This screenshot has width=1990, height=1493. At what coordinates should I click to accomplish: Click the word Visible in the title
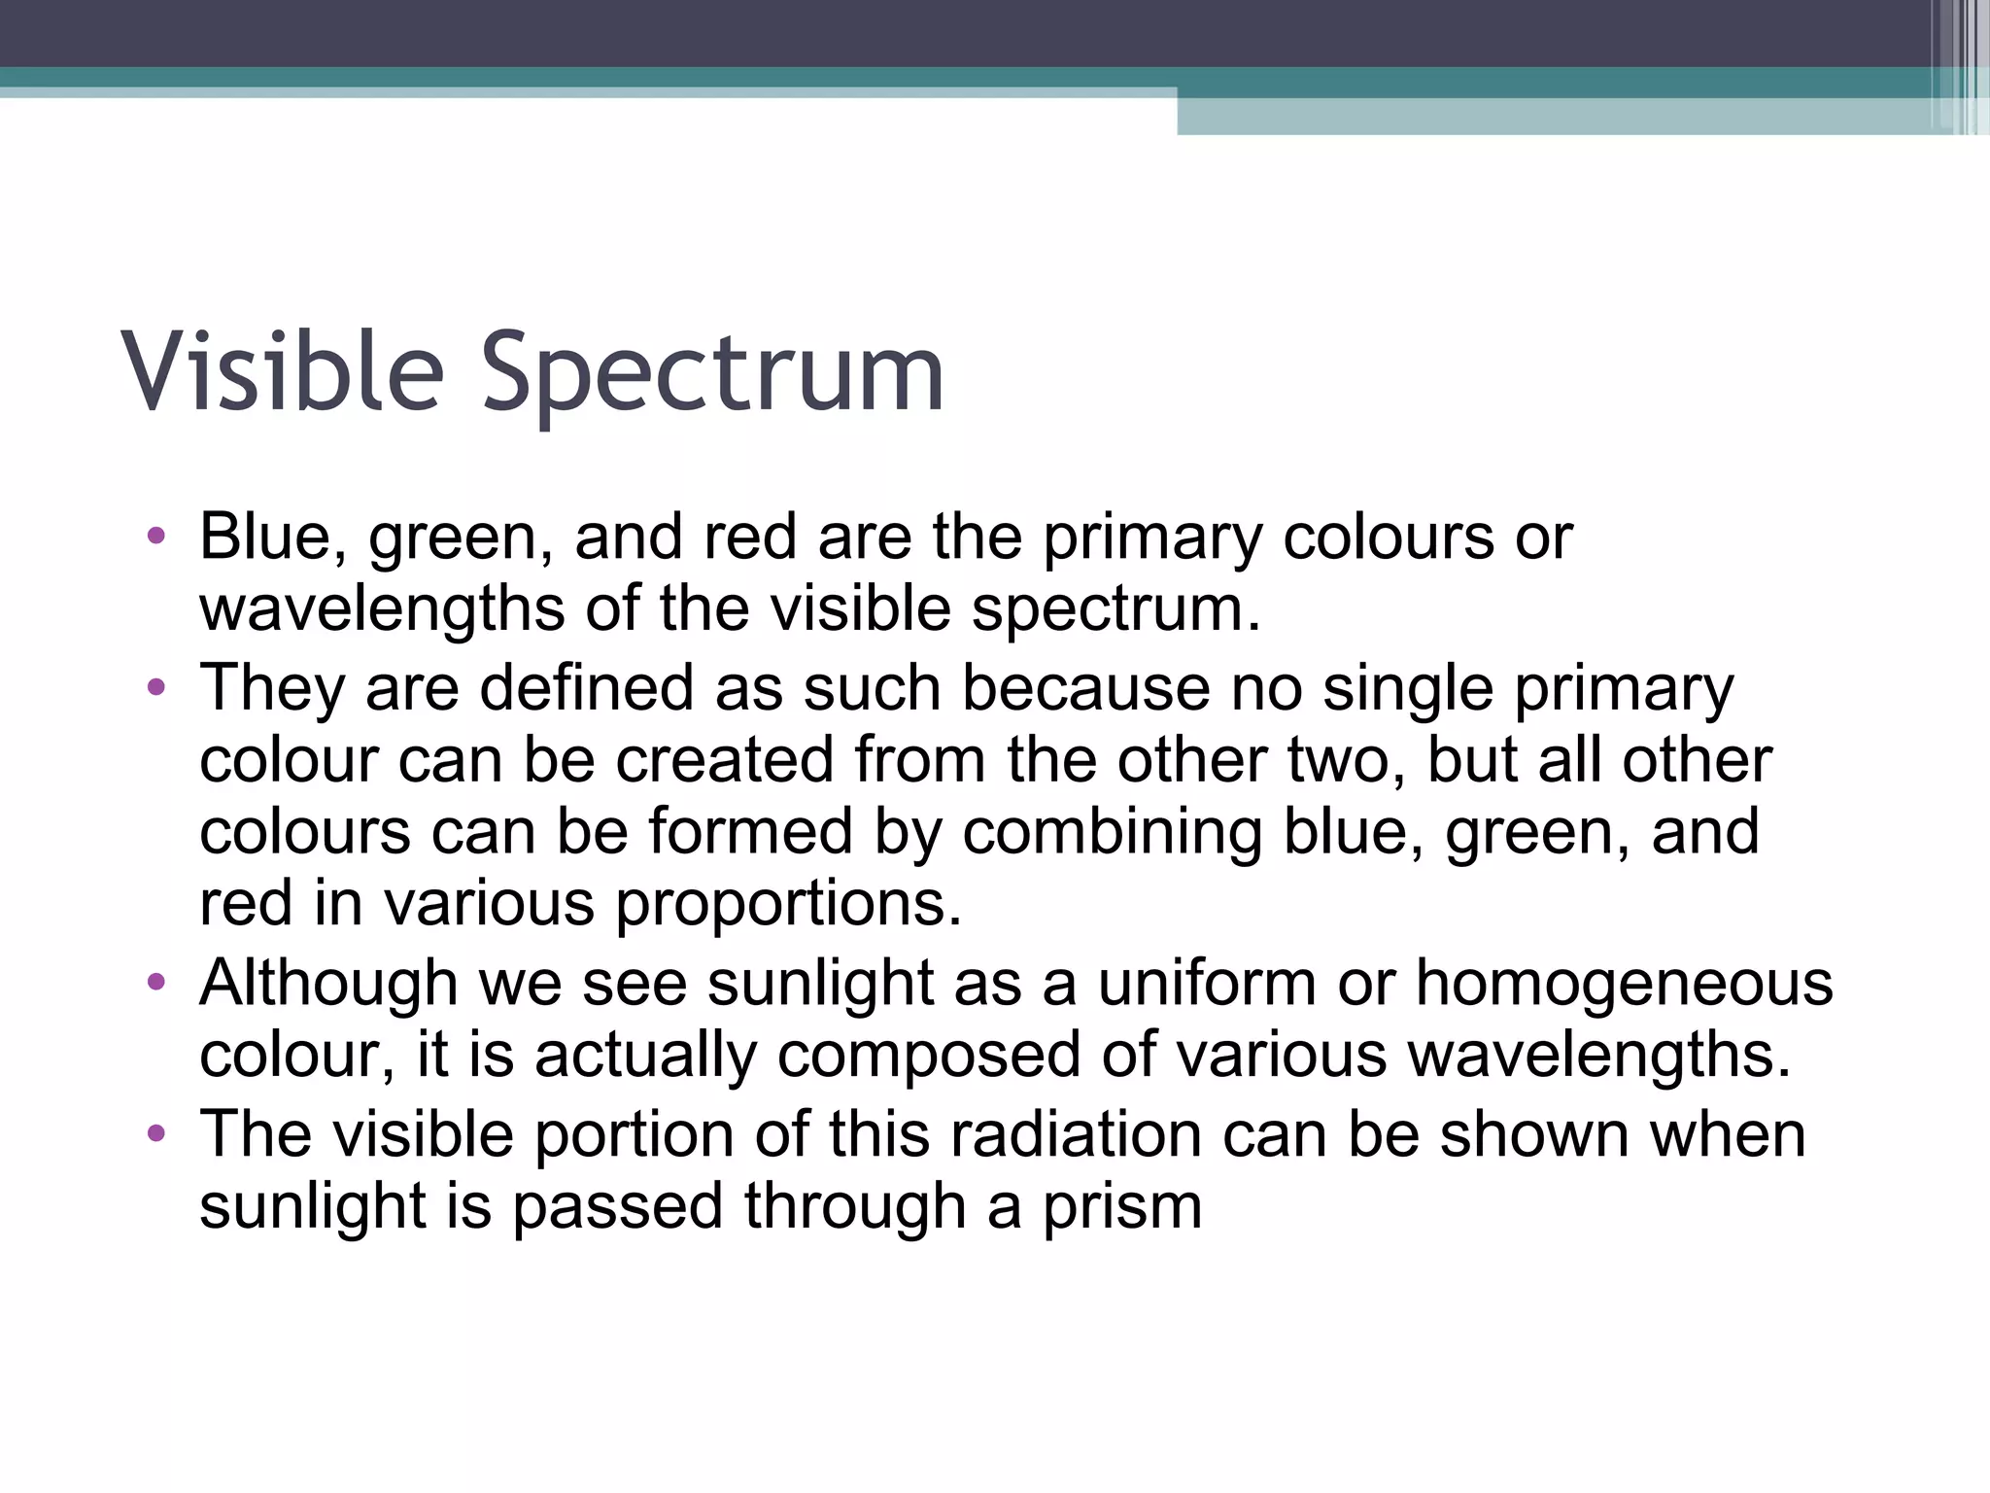tap(282, 372)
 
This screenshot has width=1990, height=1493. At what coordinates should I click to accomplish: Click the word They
tap(272, 687)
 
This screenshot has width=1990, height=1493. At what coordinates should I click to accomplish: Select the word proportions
tap(788, 905)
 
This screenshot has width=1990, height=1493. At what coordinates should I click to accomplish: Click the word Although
tap(328, 983)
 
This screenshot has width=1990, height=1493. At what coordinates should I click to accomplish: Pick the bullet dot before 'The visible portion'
tap(156, 1134)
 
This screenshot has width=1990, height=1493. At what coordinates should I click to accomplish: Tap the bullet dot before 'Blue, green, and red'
tap(156, 537)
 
